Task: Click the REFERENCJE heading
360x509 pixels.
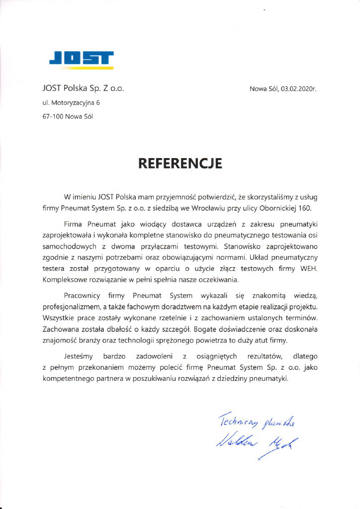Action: pos(180,163)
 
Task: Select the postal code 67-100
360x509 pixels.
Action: pos(53,117)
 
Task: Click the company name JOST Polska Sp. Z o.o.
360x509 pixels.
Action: pos(83,89)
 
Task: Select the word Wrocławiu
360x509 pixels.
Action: pos(221,208)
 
